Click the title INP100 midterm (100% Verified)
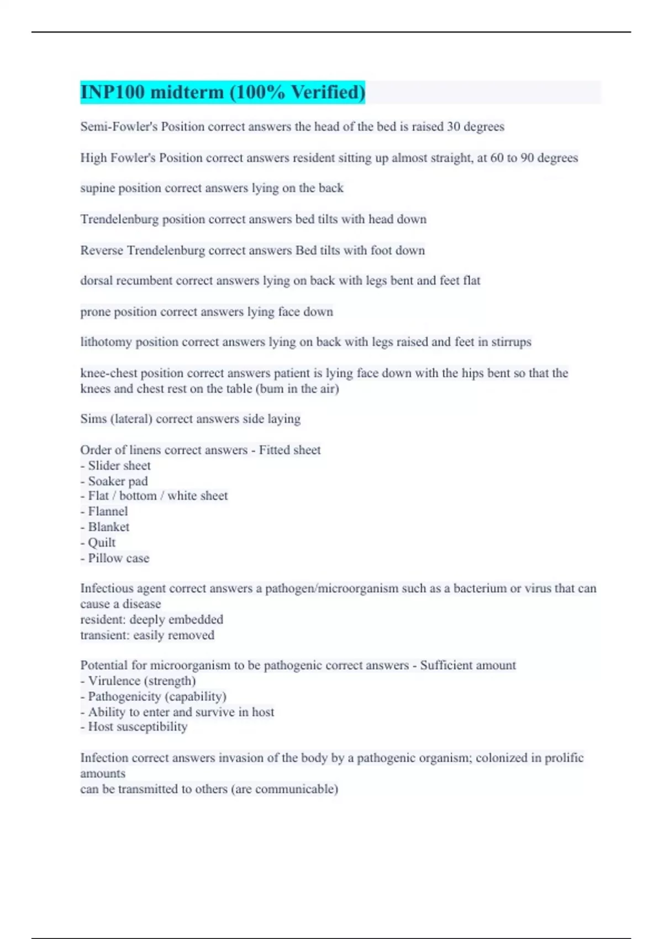223,92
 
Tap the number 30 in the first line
454,126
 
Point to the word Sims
93,419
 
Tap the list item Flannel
108,511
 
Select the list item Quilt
102,542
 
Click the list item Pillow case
118,558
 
